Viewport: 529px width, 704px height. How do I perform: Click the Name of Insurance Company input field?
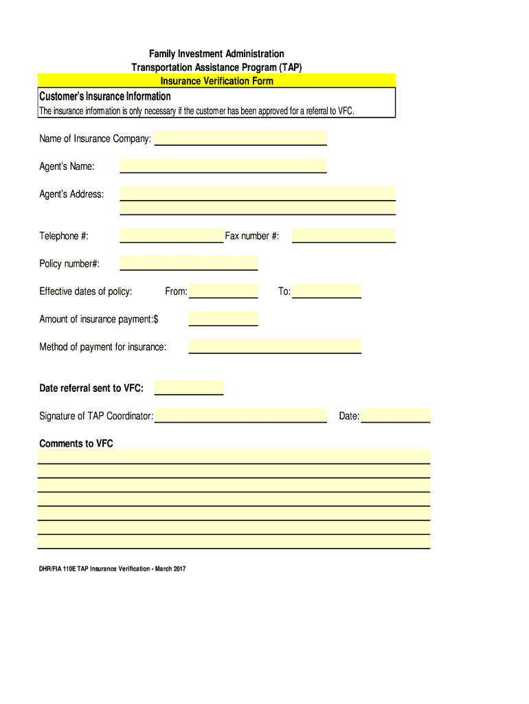pyautogui.click(x=240, y=139)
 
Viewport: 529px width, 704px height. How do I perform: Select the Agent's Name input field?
pyautogui.click(x=223, y=166)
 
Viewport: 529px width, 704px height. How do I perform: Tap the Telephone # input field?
pyautogui.click(x=172, y=236)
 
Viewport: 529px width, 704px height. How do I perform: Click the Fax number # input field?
pyautogui.click(x=344, y=236)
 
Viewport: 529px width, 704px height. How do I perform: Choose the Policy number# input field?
pyautogui.click(x=189, y=263)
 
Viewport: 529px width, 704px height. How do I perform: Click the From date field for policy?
pyautogui.click(x=223, y=291)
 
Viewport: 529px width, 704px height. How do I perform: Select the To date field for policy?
pyautogui.click(x=326, y=291)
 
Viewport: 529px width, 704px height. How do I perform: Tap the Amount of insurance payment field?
pyautogui.click(x=223, y=319)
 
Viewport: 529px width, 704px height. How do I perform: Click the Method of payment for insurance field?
pyautogui.click(x=275, y=346)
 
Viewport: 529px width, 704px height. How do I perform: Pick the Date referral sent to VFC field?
pyautogui.click(x=189, y=388)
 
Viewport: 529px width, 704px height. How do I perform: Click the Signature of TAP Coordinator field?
pyautogui.click(x=240, y=416)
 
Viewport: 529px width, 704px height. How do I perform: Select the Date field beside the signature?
pyautogui.click(x=396, y=416)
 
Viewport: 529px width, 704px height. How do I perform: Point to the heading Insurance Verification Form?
pyautogui.click(x=217, y=81)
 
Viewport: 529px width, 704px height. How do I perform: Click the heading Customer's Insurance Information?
pyautogui.click(x=105, y=96)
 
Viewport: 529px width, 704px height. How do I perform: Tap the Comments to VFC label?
pyautogui.click(x=76, y=443)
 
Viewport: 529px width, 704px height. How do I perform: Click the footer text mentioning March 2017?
pyautogui.click(x=113, y=569)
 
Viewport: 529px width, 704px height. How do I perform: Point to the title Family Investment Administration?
pyautogui.click(x=216, y=54)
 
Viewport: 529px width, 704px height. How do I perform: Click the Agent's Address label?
pyautogui.click(x=71, y=194)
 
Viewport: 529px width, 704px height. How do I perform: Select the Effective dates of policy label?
pyautogui.click(x=86, y=291)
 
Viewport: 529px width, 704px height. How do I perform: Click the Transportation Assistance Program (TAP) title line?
pyautogui.click(x=216, y=67)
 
